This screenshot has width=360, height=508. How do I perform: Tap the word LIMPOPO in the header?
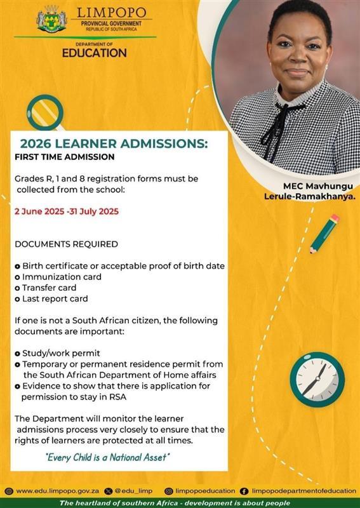point(111,13)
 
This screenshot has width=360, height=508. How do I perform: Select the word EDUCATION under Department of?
point(94,53)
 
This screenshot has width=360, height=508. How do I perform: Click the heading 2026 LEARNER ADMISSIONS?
point(114,144)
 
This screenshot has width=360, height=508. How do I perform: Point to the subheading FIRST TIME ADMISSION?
point(64,156)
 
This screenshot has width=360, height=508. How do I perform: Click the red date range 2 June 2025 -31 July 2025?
point(67,211)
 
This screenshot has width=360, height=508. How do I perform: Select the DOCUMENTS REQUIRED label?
point(66,244)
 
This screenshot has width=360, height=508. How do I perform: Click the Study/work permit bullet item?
point(61,353)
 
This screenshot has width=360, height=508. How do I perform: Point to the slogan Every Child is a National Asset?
point(108,457)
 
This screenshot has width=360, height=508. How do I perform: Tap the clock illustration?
point(317,380)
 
